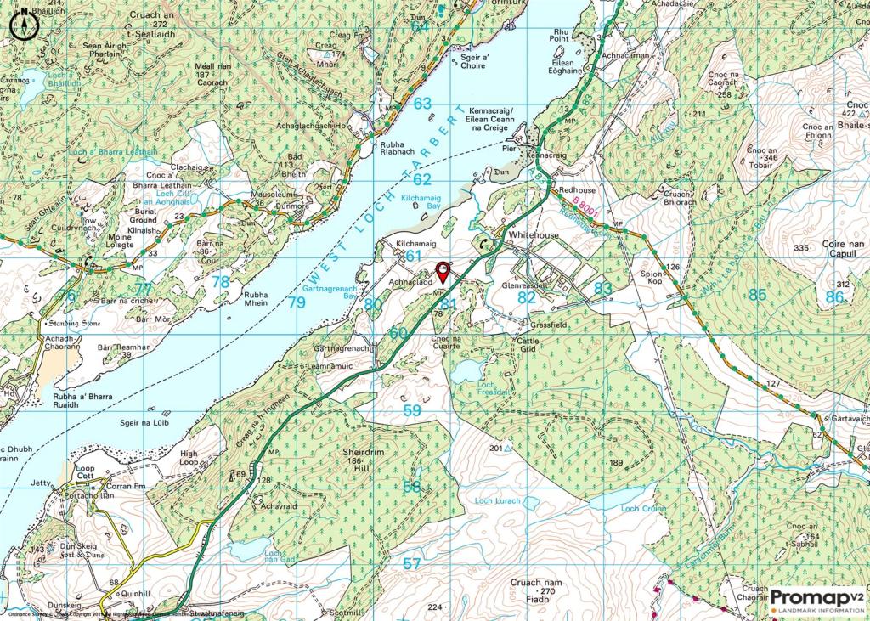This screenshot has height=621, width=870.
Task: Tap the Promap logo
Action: click(x=817, y=600)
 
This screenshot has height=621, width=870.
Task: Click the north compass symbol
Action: click(x=24, y=25)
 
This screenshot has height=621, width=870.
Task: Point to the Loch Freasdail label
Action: click(x=468, y=388)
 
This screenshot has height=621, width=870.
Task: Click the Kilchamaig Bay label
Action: click(x=421, y=201)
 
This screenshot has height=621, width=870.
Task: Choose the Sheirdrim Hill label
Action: click(x=376, y=459)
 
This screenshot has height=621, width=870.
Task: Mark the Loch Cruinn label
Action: click(x=641, y=508)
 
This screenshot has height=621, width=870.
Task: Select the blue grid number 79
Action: click(x=296, y=302)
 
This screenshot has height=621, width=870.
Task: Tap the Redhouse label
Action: click(x=578, y=190)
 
